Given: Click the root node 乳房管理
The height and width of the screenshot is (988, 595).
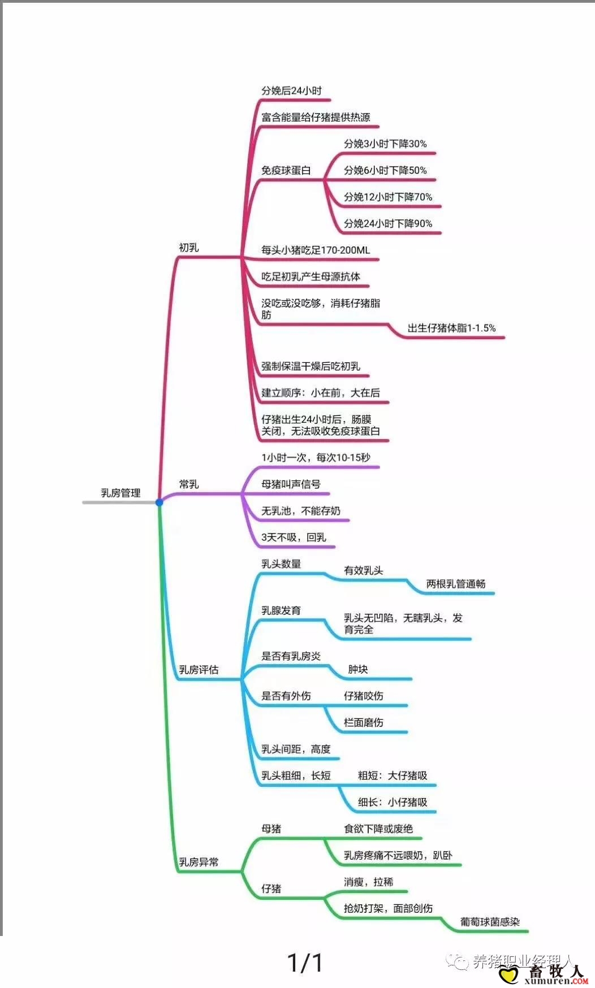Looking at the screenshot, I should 120,493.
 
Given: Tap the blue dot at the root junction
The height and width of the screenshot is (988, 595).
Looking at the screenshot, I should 159,502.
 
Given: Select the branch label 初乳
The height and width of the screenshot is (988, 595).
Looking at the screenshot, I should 189,248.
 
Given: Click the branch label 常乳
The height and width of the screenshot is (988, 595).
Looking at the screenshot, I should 189,484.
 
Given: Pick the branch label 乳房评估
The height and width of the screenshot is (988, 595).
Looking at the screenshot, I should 199,670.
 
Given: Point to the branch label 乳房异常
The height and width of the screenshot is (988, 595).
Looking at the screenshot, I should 199,862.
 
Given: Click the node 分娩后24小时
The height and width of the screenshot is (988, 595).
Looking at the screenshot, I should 291,90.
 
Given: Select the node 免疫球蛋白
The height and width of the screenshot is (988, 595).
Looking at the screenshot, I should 286,170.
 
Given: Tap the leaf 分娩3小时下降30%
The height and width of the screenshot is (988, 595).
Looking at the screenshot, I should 385,144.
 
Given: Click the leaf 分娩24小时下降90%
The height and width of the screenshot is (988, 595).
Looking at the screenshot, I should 388,223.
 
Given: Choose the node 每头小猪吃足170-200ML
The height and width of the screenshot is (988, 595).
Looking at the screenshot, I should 316,250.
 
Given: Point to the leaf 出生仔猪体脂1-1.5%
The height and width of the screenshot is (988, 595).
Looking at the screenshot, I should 451,328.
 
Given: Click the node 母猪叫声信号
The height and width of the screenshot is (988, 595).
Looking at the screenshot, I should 291,484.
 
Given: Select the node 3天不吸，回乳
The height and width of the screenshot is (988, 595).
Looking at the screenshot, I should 294,538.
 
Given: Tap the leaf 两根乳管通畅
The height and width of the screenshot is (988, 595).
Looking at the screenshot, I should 456,584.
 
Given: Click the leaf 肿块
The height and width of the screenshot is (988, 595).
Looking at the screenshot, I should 358,669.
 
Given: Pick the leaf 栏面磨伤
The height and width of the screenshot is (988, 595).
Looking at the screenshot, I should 364,722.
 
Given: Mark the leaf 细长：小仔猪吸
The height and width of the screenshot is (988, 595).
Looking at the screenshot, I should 393,802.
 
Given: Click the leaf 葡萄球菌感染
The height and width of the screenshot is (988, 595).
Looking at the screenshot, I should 490,922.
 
